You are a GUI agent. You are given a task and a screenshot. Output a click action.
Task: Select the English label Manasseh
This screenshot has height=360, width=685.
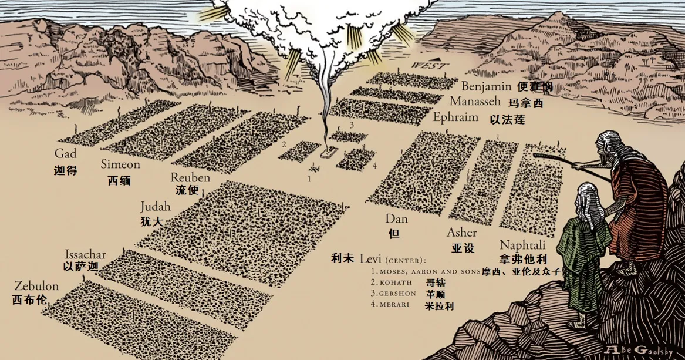click(475, 102)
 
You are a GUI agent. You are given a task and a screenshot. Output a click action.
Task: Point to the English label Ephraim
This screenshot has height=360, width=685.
click(455, 117)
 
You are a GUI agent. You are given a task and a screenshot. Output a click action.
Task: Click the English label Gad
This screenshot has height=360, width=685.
click(66, 154)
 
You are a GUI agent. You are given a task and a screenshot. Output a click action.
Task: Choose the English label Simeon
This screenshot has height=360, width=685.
click(120, 164)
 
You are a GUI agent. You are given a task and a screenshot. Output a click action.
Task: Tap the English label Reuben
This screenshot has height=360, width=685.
click(190, 177)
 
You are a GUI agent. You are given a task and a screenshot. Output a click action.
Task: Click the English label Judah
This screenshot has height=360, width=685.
click(156, 207)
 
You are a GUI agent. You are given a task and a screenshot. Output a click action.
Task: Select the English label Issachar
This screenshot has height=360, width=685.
click(85, 254)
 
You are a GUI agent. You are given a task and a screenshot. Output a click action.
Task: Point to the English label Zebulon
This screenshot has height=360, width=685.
click(36, 287)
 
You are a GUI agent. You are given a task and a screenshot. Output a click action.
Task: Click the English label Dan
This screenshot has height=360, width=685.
click(396, 218)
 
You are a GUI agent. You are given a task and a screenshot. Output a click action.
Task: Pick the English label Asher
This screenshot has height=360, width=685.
click(461, 233)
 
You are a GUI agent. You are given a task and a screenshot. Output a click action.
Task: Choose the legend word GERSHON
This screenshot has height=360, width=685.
click(397, 294)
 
